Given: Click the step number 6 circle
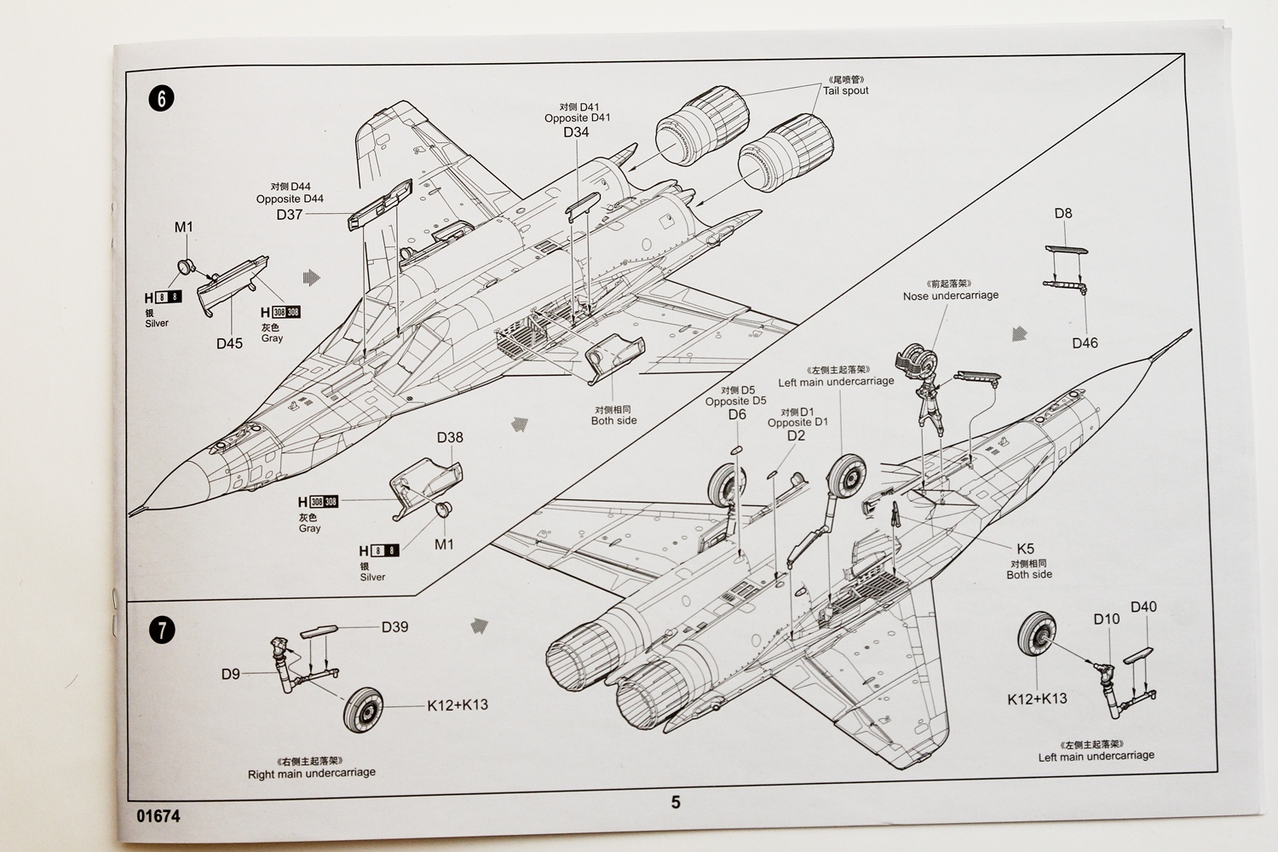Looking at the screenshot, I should point(161,98).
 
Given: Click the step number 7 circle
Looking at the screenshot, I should point(161,631).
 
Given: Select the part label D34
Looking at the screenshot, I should point(576,132).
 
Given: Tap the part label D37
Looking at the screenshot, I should point(290,215).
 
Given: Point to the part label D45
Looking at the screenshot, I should point(229,343).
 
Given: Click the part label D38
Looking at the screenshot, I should point(450,437).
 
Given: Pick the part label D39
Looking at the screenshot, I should point(394,627).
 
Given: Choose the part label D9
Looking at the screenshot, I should point(231,674).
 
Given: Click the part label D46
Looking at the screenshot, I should point(1085,343).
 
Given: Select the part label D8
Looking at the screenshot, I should point(1063,214).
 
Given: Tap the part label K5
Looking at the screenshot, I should point(1025,550).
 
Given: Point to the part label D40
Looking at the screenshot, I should point(1143,607).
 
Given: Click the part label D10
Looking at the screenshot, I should point(1107,619).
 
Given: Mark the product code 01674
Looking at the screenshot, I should point(158,815).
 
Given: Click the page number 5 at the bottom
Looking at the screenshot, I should point(676,802).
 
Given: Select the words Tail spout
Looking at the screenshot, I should point(846,90).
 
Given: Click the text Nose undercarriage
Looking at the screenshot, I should point(951,296).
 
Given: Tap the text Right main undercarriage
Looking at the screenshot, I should point(312,773).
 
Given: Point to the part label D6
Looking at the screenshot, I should point(737,415).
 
